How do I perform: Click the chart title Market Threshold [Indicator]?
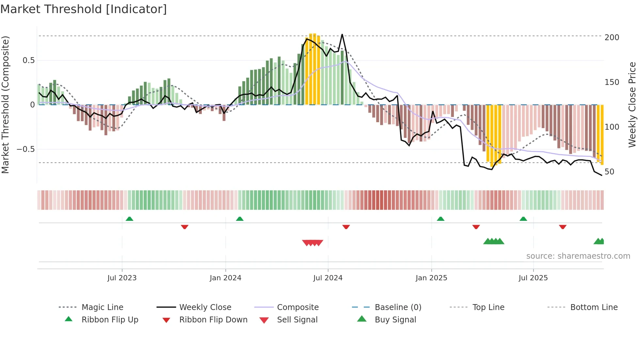(x=84, y=9)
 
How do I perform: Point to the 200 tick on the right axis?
(x=612, y=38)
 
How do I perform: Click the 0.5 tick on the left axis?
(x=28, y=60)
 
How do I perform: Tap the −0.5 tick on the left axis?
(x=26, y=149)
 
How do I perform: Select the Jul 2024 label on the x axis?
(x=328, y=278)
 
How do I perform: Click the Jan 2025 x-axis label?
(x=431, y=278)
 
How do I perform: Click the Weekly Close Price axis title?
(x=632, y=105)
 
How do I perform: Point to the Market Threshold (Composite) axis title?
(x=5, y=105)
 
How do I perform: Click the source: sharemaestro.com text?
(x=578, y=256)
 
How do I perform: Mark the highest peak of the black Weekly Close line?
(x=342, y=35)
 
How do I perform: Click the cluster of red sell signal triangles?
(x=312, y=243)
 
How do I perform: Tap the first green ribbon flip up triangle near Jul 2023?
(x=129, y=219)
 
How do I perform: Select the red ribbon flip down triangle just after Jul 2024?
(x=346, y=227)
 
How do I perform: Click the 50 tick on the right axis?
(x=609, y=172)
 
